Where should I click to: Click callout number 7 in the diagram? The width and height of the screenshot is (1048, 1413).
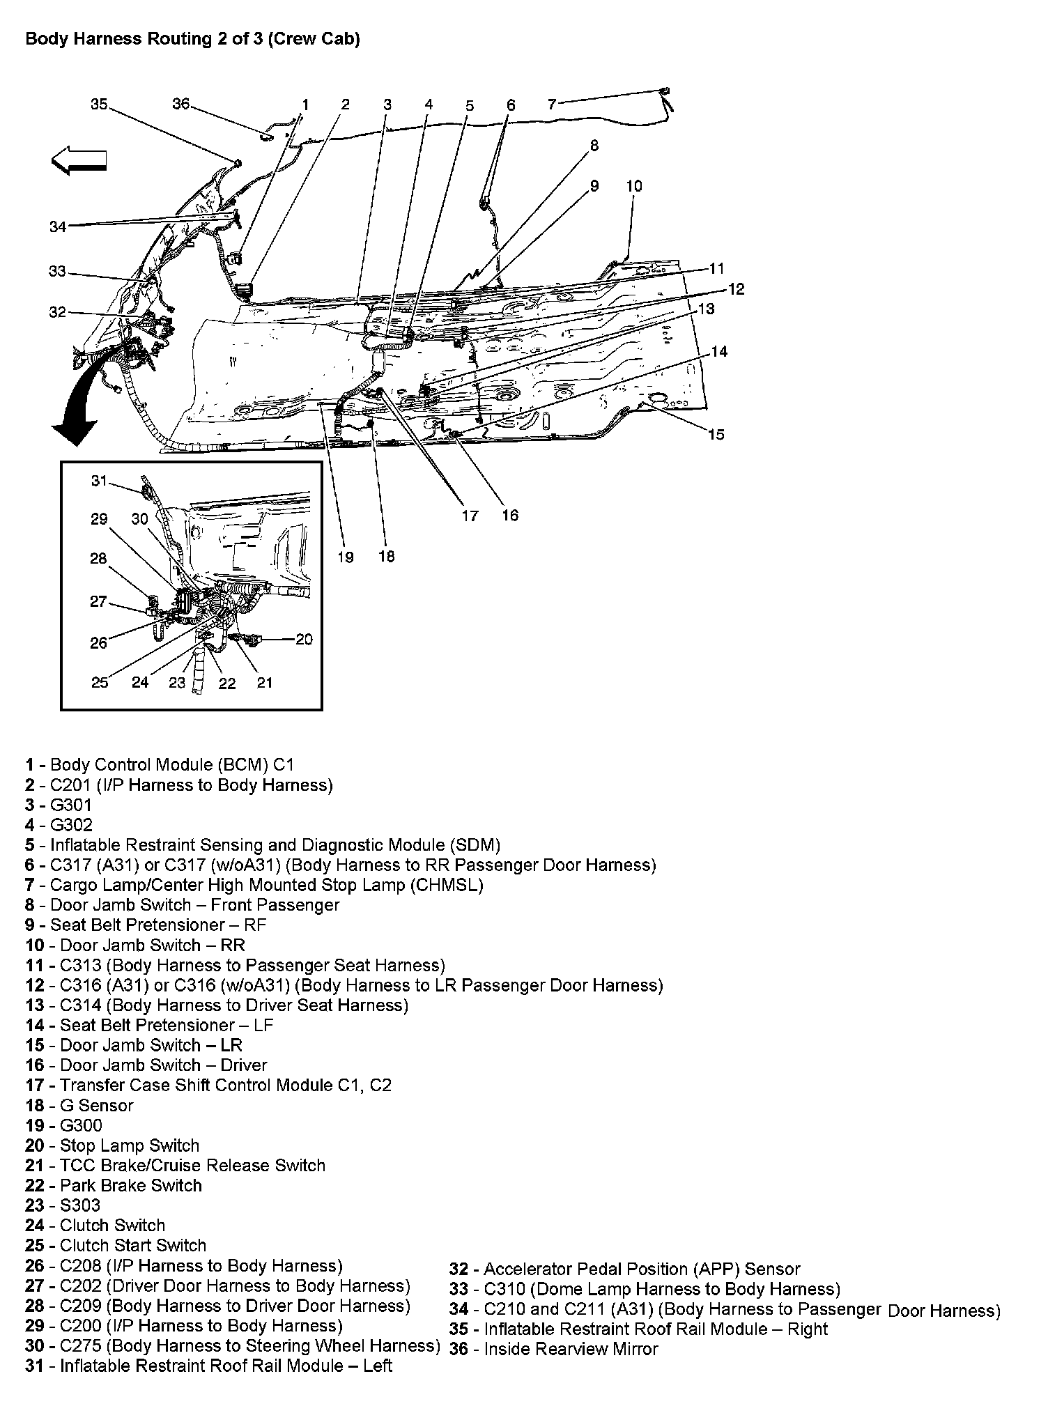pyautogui.click(x=552, y=105)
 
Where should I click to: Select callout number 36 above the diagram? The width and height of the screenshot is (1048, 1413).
pyautogui.click(x=180, y=105)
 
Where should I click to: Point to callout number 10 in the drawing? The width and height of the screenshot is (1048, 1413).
pyautogui.click(x=633, y=186)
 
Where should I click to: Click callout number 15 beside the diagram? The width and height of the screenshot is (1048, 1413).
pyautogui.click(x=716, y=435)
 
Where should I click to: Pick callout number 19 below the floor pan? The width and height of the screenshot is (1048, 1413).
pyautogui.click(x=346, y=557)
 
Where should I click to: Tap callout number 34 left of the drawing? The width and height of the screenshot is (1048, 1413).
pyautogui.click(x=58, y=226)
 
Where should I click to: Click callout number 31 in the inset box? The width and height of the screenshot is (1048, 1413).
pyautogui.click(x=99, y=481)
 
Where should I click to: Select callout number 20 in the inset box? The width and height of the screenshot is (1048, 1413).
pyautogui.click(x=304, y=639)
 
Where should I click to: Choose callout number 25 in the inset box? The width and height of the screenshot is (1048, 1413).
pyautogui.click(x=99, y=682)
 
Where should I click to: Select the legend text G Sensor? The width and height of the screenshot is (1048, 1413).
pyautogui.click(x=96, y=1106)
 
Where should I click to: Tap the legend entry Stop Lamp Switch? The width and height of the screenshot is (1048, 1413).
pyautogui.click(x=130, y=1146)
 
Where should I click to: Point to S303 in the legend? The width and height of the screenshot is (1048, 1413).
pyautogui.click(x=80, y=1206)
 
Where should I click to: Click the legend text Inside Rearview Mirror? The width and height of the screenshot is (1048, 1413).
pyautogui.click(x=571, y=1350)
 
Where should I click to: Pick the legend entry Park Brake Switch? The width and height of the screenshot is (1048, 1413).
pyautogui.click(x=130, y=1186)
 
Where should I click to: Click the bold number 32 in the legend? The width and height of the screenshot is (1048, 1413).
pyautogui.click(x=458, y=1269)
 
